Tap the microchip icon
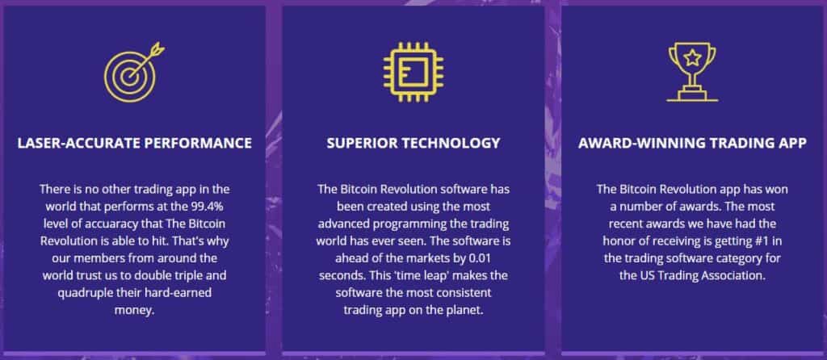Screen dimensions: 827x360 (413, 72)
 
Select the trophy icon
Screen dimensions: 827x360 (692, 72)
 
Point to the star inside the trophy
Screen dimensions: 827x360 (692, 55)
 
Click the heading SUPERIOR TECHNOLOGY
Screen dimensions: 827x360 (413, 143)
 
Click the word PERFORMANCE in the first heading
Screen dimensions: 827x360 (198, 143)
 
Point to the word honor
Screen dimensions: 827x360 (618, 241)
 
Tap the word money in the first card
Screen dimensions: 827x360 (135, 310)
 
